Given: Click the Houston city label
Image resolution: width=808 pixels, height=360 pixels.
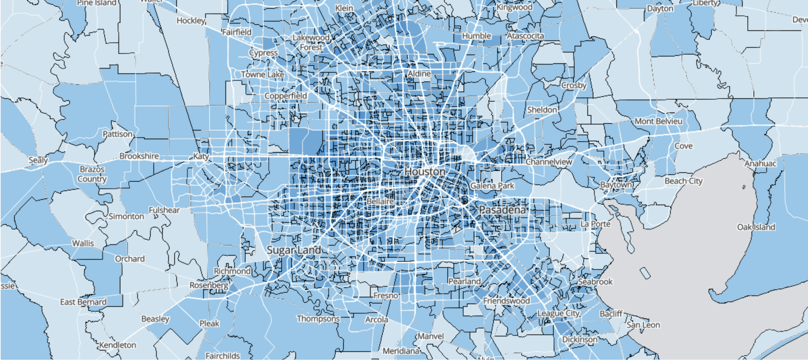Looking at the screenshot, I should [425, 172].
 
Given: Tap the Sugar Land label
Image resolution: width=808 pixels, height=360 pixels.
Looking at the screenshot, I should [294, 250].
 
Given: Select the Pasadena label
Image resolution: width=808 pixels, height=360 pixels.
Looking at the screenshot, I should [502, 210].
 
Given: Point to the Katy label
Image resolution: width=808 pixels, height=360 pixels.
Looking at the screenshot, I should [201, 156].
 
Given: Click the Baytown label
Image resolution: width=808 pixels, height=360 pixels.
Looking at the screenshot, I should [616, 185].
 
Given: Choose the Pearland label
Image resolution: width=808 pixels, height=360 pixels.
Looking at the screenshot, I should [464, 281].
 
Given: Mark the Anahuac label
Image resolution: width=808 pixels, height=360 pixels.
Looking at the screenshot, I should [760, 163].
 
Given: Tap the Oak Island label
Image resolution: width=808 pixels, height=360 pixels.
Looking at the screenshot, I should [756, 227].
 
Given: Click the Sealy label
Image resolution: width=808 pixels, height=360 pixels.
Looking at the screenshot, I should [38, 160].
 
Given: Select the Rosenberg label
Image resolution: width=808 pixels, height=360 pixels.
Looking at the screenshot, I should [209, 285].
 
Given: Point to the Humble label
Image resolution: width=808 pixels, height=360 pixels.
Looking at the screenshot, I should [477, 36].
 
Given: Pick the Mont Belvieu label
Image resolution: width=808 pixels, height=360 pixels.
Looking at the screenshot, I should [658, 121].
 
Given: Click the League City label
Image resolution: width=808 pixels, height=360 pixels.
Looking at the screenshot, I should [558, 313].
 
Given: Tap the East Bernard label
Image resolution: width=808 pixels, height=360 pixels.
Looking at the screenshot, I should [83, 302].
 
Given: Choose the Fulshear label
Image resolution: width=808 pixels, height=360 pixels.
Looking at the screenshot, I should [164, 210].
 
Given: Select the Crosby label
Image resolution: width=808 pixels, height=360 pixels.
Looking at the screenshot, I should [574, 85].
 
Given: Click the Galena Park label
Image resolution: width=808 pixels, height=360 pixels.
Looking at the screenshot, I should [492, 186].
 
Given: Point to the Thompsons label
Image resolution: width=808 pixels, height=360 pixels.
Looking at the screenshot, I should [318, 319].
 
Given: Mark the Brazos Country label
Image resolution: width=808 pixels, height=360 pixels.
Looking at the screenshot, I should [92, 174].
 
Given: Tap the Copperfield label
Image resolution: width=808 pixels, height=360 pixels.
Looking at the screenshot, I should [286, 96].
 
